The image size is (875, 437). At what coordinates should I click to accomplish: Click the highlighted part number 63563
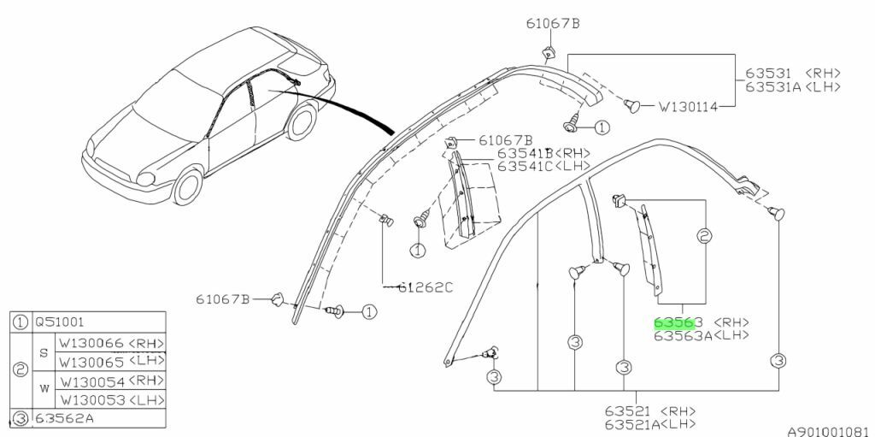678,322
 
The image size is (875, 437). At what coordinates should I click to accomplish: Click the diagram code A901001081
829,433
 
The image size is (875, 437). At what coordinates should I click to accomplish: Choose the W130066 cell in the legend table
90,343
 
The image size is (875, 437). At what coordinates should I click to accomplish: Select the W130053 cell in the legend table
90,399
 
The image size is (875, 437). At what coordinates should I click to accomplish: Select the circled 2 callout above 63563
705,235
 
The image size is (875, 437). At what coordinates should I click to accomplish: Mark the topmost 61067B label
553,23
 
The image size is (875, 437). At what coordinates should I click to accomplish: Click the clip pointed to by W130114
633,105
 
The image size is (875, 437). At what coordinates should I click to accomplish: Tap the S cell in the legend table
44,352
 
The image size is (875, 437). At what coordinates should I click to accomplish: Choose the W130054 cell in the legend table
90,381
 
